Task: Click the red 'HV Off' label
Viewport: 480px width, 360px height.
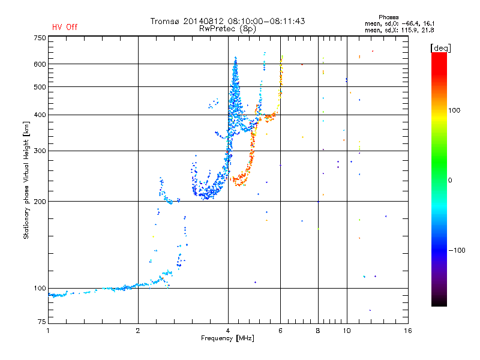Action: click(65, 27)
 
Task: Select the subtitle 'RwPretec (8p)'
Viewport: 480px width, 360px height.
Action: click(227, 29)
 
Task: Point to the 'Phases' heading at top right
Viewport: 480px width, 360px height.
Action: click(388, 17)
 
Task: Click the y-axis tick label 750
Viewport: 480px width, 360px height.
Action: click(40, 38)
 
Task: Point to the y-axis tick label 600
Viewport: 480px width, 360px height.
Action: click(40, 64)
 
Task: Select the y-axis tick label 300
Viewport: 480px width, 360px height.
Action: click(40, 151)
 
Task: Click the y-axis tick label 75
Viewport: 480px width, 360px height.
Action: click(42, 322)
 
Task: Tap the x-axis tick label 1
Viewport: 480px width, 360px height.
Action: click(48, 331)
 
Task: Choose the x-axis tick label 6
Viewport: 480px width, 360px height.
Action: click(280, 331)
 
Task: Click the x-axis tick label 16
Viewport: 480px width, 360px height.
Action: click(408, 331)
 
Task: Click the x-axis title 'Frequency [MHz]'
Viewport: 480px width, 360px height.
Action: click(227, 338)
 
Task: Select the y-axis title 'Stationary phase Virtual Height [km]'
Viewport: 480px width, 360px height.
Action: click(26, 180)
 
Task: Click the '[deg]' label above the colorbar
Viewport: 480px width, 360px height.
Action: click(440, 48)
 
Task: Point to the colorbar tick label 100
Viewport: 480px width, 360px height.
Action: click(454, 110)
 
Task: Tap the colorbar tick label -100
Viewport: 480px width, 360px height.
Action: click(457, 250)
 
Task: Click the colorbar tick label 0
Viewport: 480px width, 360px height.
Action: click(450, 180)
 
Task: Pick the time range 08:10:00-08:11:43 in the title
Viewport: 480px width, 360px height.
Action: click(266, 21)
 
